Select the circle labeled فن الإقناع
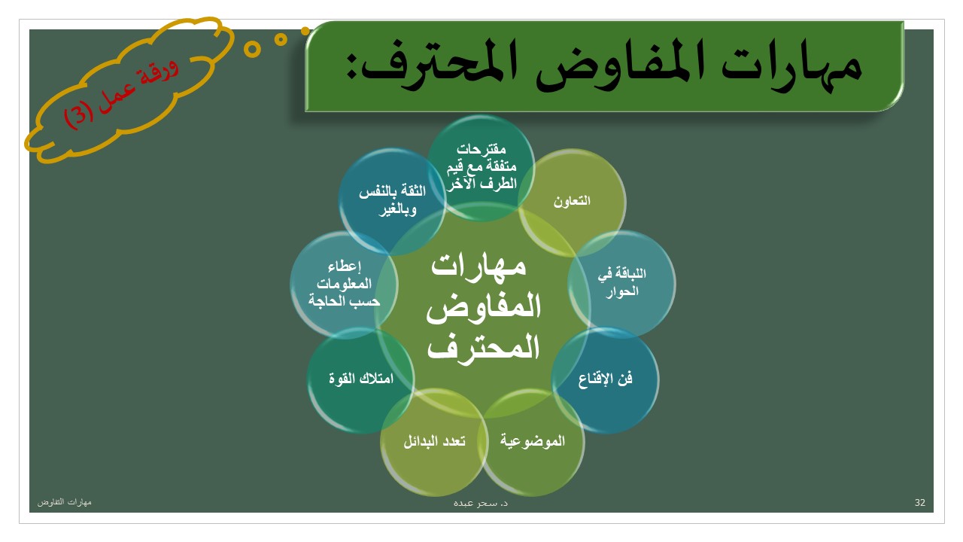click(x=606, y=380)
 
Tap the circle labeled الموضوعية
click(x=532, y=442)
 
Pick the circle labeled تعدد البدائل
click(x=434, y=442)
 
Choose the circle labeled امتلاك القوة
click(x=360, y=380)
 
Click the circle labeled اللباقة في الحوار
click(x=621, y=284)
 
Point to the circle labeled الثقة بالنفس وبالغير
click(x=392, y=201)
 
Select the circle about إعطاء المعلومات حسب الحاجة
click(x=344, y=284)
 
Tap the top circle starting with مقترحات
click(x=481, y=168)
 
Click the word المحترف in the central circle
click(x=483, y=347)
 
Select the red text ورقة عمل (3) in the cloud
click(x=121, y=94)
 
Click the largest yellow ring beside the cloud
click(x=252, y=49)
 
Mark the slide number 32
click(x=919, y=502)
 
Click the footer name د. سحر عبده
click(x=481, y=503)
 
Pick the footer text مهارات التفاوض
click(x=65, y=502)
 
